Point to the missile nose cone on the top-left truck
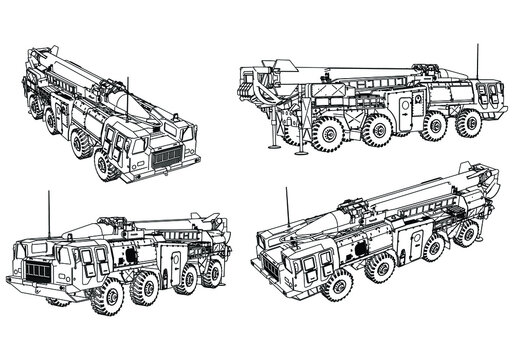123,101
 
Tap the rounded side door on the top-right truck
406,108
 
